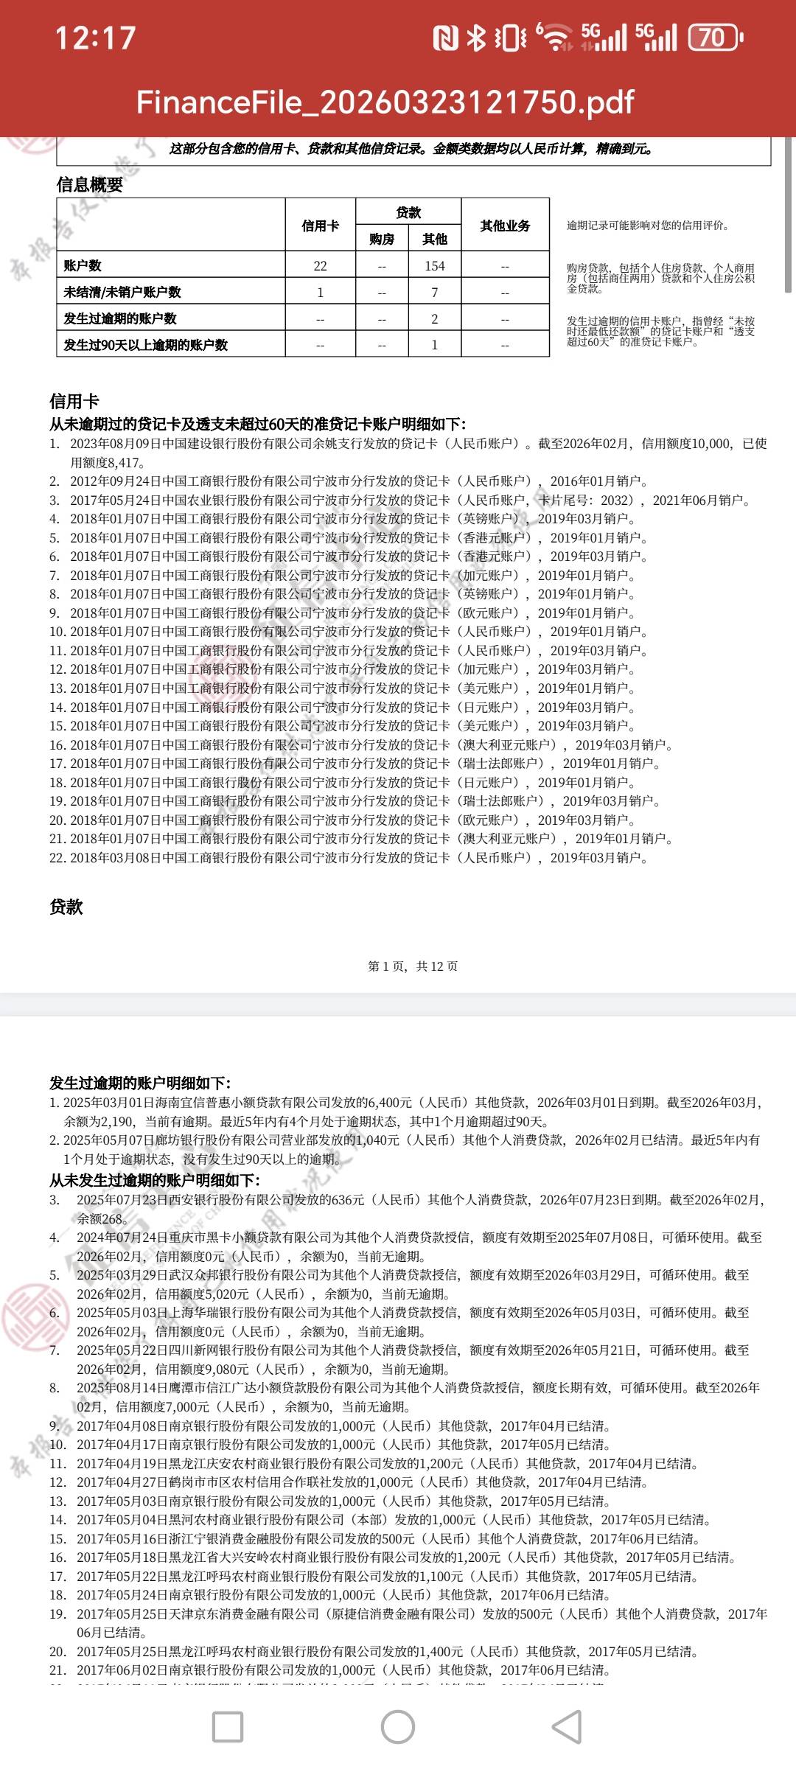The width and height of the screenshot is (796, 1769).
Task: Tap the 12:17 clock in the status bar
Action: click(96, 38)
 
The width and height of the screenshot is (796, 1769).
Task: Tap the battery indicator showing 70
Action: click(714, 38)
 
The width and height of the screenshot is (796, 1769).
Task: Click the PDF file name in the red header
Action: click(385, 102)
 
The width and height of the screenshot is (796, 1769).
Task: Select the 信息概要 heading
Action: click(90, 184)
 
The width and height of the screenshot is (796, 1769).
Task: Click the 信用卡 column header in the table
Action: click(320, 226)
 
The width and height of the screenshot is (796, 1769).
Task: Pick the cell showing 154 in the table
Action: click(435, 265)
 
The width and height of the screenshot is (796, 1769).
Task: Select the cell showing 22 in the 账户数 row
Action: click(320, 265)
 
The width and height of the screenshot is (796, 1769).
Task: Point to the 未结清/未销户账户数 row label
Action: click(122, 292)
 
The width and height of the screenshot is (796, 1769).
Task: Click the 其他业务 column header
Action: click(505, 226)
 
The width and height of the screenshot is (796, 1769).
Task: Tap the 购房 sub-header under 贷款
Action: click(382, 239)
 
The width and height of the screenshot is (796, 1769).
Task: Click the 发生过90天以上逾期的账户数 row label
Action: click(146, 345)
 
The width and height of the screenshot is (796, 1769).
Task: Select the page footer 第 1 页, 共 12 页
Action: click(413, 966)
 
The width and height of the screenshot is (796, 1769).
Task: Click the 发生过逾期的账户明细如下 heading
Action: click(140, 1083)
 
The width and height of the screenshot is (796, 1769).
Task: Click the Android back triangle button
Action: click(568, 1726)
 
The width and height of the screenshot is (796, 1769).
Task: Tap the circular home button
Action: click(398, 1726)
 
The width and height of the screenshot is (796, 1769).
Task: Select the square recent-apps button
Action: click(228, 1726)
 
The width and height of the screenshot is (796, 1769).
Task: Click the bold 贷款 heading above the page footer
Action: click(66, 907)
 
